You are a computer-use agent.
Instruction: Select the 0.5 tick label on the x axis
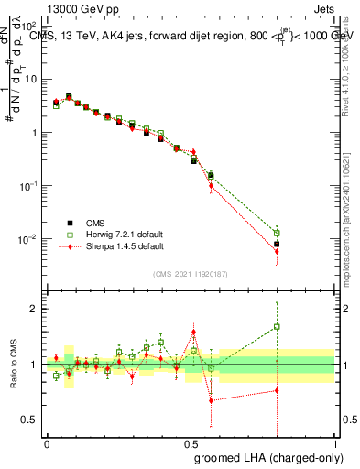click(191, 442)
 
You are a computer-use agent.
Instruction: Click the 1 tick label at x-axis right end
click(334, 442)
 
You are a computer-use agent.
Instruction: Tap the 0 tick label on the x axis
click(47, 442)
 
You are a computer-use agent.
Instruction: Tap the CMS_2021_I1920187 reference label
click(191, 274)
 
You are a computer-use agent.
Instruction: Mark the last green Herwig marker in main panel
click(277, 233)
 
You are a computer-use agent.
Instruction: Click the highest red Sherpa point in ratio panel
click(193, 333)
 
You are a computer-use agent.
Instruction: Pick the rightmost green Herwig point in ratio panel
click(277, 326)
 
